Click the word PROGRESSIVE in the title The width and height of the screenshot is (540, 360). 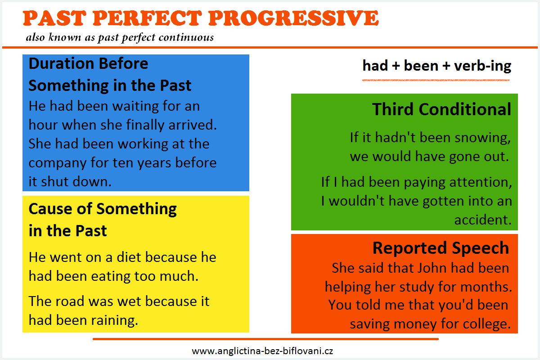pos(293,18)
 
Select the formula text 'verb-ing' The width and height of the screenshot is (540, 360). pos(482,66)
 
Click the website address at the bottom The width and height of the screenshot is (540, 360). pos(262,351)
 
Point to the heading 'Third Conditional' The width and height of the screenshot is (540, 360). pos(441,109)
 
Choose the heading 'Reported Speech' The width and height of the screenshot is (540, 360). pos(441,248)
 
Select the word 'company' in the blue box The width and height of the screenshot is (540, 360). pos(58,163)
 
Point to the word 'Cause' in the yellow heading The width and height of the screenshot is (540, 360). pos(50,209)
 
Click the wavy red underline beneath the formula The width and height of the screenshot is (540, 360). pos(436,80)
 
